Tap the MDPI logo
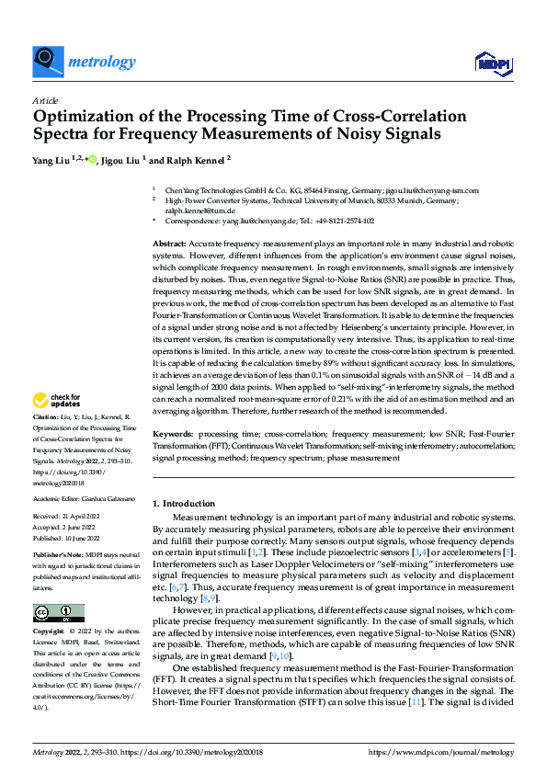pos(492,63)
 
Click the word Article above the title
pos(45,100)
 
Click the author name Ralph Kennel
pos(195,159)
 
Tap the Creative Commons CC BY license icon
pos(58,612)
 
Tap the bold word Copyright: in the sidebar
pos(50,632)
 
